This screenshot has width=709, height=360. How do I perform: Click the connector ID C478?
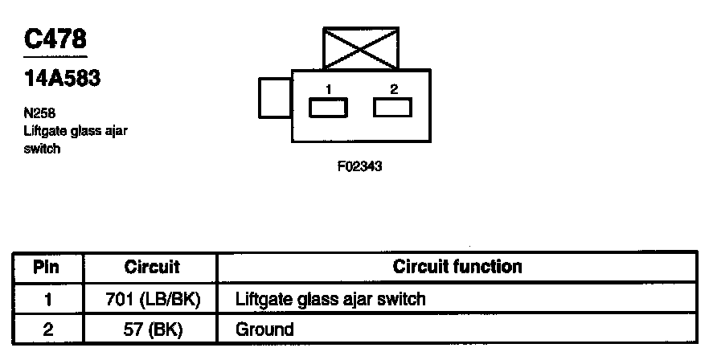[x=55, y=39]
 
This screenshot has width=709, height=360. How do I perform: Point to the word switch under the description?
[x=41, y=149]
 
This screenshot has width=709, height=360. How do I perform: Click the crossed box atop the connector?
[x=360, y=48]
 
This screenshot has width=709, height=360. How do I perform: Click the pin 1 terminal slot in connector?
[x=329, y=108]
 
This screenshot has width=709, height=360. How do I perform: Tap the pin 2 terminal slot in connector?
[x=393, y=107]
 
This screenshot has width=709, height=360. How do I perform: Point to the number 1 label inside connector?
[x=329, y=88]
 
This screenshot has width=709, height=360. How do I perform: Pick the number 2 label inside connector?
[x=393, y=88]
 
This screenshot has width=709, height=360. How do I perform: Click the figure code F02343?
[x=359, y=168]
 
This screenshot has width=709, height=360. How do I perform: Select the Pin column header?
[x=47, y=267]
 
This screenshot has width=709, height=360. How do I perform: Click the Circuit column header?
[x=152, y=267]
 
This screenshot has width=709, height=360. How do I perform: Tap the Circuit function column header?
[x=457, y=266]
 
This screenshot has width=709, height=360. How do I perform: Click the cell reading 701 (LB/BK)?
[x=152, y=299]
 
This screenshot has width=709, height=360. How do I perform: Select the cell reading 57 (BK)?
[x=152, y=329]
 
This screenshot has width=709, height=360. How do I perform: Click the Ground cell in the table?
[x=264, y=329]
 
